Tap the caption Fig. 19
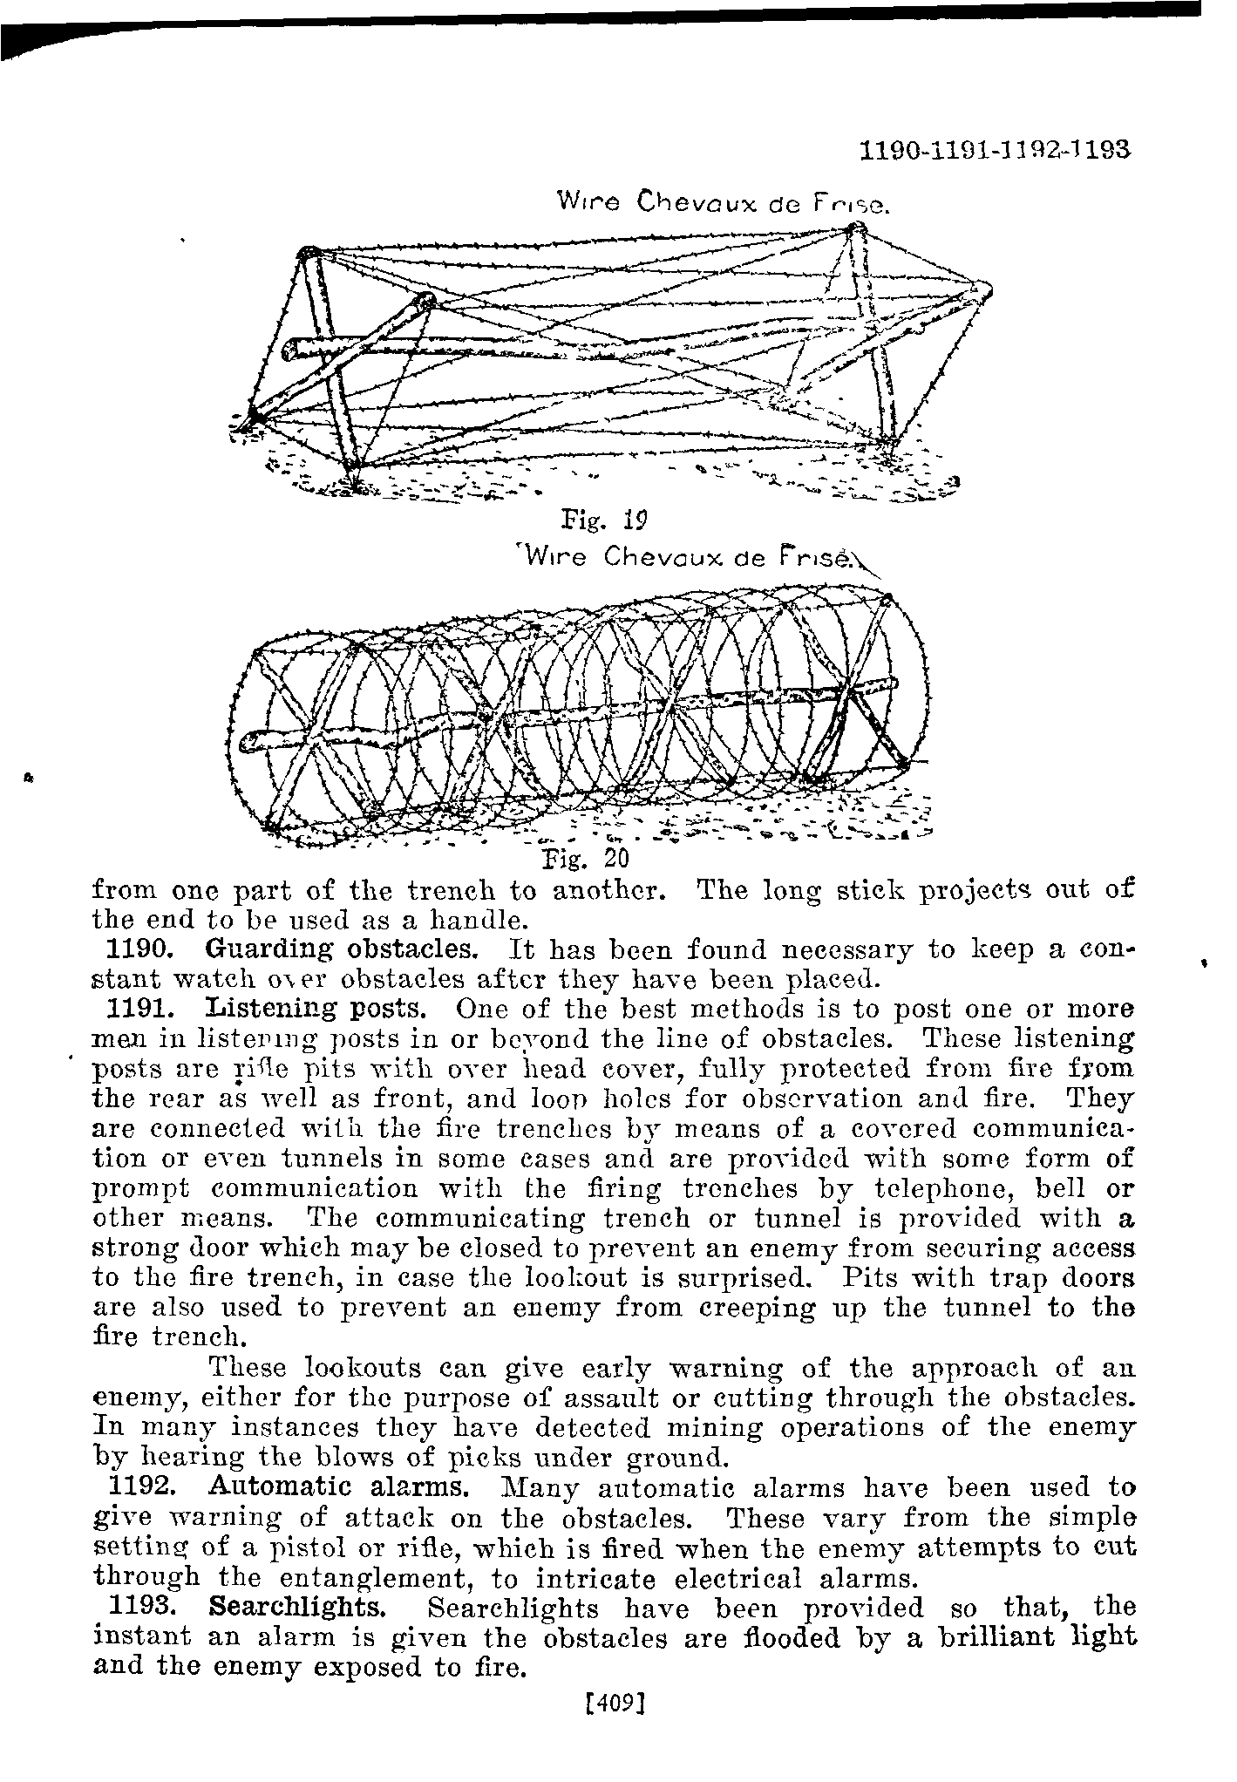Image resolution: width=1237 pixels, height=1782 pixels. tap(604, 522)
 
